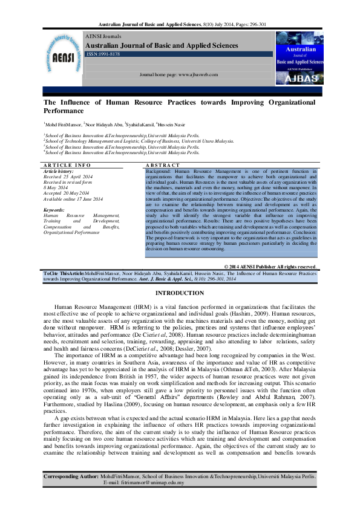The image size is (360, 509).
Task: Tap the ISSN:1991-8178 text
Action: (103, 54)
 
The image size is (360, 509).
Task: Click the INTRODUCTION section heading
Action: (180, 293)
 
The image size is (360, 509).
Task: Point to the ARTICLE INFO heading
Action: (67, 165)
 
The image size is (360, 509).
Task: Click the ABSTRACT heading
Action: (163, 165)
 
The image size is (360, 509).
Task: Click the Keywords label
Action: (54, 210)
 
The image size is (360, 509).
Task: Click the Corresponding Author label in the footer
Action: (71, 477)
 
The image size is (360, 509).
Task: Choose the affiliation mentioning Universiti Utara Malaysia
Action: (139, 141)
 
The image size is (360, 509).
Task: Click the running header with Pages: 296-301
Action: (180, 25)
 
